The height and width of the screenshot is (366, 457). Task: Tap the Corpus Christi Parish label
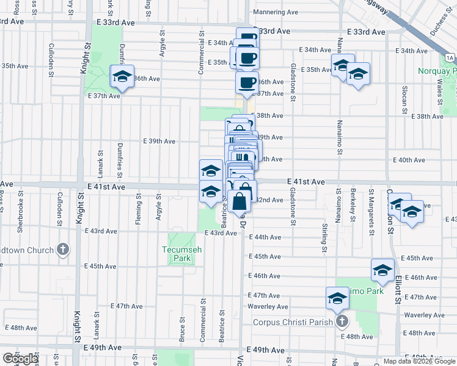294,321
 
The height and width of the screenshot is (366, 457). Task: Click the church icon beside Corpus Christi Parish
341,321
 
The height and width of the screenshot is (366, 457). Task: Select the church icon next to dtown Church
62,249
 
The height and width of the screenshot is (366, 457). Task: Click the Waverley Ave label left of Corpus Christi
268,306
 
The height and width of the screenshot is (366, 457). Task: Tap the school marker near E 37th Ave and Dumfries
122,77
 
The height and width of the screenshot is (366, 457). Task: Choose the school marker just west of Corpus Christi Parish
337,298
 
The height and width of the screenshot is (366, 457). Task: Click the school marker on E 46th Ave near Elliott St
382,270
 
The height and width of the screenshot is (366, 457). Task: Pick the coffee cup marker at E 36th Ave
247,83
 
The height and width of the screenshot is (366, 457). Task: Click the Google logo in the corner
20,359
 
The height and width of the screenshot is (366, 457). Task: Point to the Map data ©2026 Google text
419,361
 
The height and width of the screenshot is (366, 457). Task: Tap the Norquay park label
437,71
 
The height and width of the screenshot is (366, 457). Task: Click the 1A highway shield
450,57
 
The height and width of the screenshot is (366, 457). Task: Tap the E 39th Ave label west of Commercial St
159,141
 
